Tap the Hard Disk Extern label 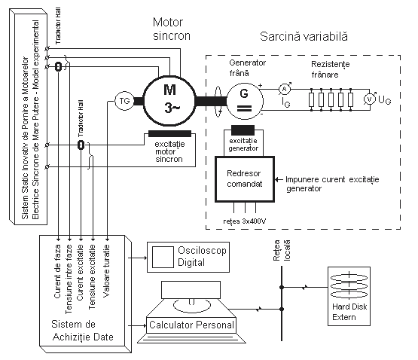pos(349,312)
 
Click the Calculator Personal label pos(191,325)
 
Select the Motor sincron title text pos(172,29)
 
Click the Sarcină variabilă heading pos(304,36)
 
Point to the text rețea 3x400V pos(245,221)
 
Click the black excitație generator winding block pos(243,130)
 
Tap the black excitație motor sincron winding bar pos(169,133)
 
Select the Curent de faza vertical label pos(57,271)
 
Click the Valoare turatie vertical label pos(106,270)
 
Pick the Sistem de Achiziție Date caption pos(83,331)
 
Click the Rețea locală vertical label pos(282,250)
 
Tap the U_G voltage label pos(384,100)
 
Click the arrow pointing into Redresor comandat pos(279,179)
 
